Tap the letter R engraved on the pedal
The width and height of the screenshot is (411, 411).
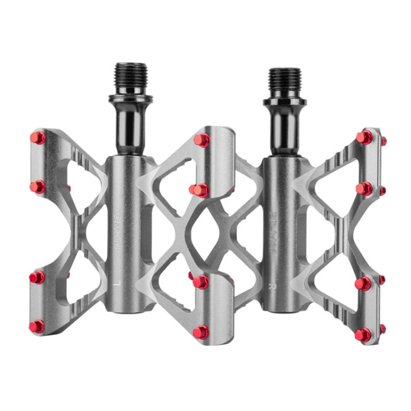click(272, 286)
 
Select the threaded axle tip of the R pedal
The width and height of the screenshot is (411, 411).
click(284, 82)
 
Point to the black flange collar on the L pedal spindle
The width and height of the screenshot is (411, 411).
click(130, 99)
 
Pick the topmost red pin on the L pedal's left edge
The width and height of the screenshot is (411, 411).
click(37, 137)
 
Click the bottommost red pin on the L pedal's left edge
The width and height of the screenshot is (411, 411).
click(36, 327)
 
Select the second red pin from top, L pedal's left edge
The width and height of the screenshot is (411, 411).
click(37, 187)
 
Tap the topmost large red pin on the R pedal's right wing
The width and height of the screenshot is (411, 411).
click(364, 137)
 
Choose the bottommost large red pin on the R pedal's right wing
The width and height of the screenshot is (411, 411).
click(363, 334)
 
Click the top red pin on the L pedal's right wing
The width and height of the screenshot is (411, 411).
click(202, 140)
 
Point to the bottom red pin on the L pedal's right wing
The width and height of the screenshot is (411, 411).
click(201, 332)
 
